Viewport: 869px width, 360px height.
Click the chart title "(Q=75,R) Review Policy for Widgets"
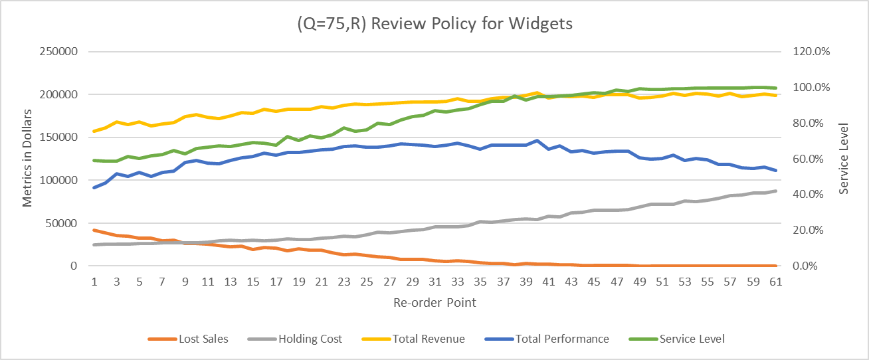tap(434, 24)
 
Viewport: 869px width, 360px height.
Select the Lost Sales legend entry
tap(203, 339)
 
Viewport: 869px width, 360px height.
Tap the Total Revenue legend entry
tap(429, 339)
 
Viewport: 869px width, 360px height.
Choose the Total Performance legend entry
tap(561, 339)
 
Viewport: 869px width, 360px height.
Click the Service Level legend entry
tap(692, 339)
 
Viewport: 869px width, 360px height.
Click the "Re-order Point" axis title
tap(434, 302)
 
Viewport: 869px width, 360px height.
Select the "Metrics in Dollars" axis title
tap(27, 159)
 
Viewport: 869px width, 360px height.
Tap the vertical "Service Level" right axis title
tap(844, 159)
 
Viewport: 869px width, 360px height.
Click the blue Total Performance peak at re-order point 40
tap(537, 141)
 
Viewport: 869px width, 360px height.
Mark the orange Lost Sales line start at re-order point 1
tap(94, 230)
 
